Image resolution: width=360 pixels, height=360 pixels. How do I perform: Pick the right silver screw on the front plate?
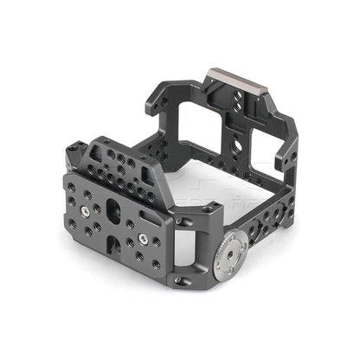pos(141,235)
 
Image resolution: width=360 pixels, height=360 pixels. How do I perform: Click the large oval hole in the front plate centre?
pos(113,209)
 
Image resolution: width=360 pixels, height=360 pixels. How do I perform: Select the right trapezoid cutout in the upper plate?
pos(157,184)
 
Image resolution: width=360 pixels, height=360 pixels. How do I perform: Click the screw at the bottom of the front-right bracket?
pos(180,280)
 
